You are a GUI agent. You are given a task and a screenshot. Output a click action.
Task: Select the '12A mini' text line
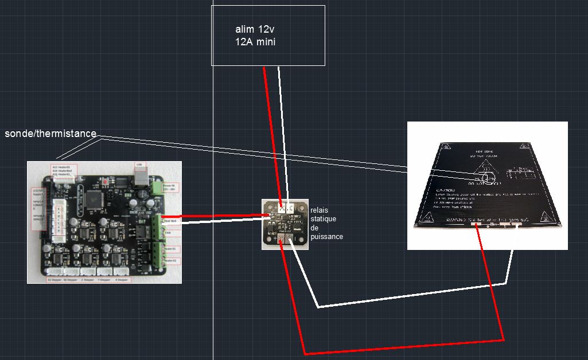point(255,42)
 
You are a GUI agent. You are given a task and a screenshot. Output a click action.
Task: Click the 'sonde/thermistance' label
point(50,134)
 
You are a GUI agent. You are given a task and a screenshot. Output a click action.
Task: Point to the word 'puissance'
point(327,236)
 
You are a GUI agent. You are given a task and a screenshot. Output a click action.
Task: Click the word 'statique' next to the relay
point(324,220)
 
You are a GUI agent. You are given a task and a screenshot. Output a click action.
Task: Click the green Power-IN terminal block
point(156,187)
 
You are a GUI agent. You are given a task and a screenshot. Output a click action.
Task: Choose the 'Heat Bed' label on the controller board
point(170,221)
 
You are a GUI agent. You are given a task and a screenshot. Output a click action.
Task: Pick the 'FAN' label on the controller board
point(169,233)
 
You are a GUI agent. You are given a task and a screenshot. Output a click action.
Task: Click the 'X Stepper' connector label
point(122,280)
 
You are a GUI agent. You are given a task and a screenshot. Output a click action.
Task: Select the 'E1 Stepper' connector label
point(55,280)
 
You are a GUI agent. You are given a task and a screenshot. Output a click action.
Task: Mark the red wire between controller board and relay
point(218,216)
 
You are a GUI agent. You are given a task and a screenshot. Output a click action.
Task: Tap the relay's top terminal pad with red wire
point(281,208)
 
